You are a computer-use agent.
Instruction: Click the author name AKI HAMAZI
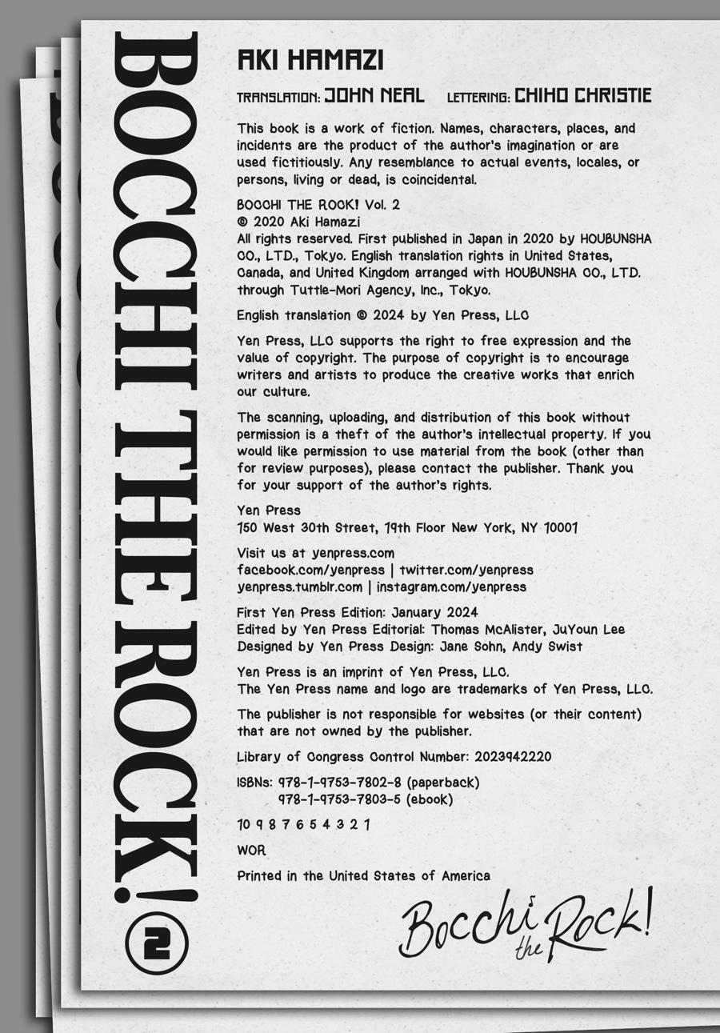point(310,60)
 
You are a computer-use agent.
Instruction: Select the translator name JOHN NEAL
point(374,96)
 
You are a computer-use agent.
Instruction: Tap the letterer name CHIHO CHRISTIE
point(582,96)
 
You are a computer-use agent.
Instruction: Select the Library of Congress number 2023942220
point(513,757)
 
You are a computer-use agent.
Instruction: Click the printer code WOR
point(251,851)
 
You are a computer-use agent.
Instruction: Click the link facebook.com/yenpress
point(310,570)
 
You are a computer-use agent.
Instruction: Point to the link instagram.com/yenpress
point(451,587)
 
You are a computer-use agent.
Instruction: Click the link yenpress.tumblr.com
point(299,587)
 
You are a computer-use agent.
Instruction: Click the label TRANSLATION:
point(278,98)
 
